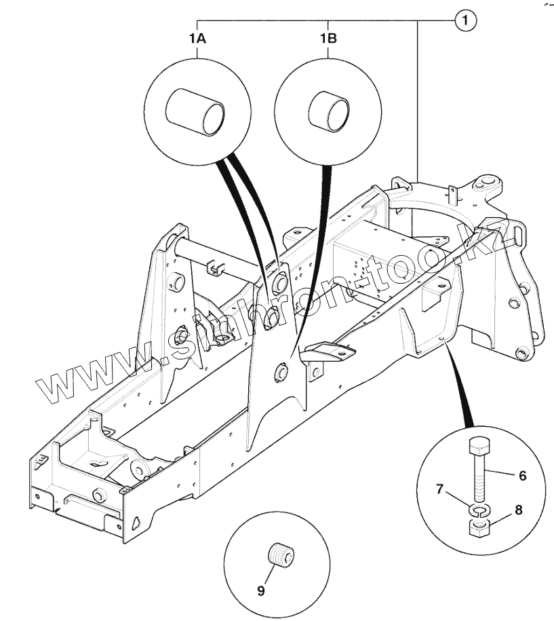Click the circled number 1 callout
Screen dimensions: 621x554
(465, 21)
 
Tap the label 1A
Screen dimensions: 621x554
(197, 39)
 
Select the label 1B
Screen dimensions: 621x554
(328, 39)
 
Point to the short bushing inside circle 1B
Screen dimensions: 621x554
(329, 111)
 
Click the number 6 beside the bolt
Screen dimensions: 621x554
(522, 476)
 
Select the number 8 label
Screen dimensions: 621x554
(518, 510)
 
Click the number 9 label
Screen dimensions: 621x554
(261, 590)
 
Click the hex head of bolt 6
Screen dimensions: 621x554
(477, 447)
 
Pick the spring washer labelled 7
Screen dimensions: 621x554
(478, 510)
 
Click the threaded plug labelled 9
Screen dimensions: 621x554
(282, 554)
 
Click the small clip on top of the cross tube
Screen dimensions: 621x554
(214, 267)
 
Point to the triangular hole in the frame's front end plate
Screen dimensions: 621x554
(136, 522)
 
